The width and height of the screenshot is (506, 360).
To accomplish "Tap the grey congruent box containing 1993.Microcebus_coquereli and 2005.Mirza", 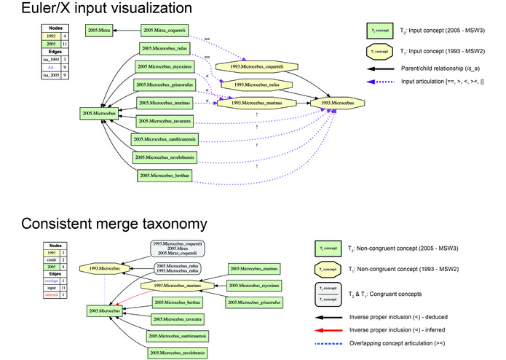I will tap(175, 249).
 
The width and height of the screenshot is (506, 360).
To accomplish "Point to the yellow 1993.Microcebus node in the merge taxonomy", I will tap(104, 269).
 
